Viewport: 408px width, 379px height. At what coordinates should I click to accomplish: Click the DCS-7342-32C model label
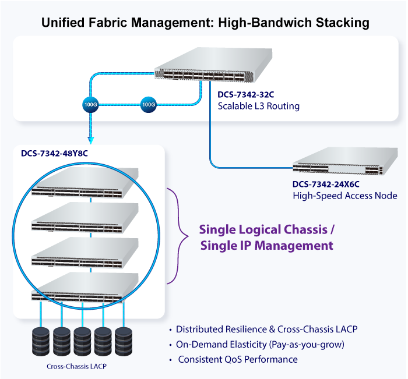(x=245, y=95)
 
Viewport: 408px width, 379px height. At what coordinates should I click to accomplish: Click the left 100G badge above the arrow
(x=90, y=105)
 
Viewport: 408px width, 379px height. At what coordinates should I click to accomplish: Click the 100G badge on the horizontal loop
(x=149, y=105)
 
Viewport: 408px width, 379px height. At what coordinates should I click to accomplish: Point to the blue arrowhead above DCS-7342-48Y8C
(x=90, y=140)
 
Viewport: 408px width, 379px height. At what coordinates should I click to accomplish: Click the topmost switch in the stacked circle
(x=85, y=183)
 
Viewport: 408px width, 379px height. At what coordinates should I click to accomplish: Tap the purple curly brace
(x=178, y=236)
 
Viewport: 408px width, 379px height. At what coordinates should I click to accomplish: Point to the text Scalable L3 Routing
(x=258, y=107)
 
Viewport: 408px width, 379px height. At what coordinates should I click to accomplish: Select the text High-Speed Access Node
(x=344, y=196)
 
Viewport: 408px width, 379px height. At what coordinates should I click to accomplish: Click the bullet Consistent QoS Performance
(x=238, y=359)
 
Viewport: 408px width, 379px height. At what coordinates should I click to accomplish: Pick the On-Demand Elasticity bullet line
(x=260, y=344)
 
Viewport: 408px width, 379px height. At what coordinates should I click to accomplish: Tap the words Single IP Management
(x=267, y=246)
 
